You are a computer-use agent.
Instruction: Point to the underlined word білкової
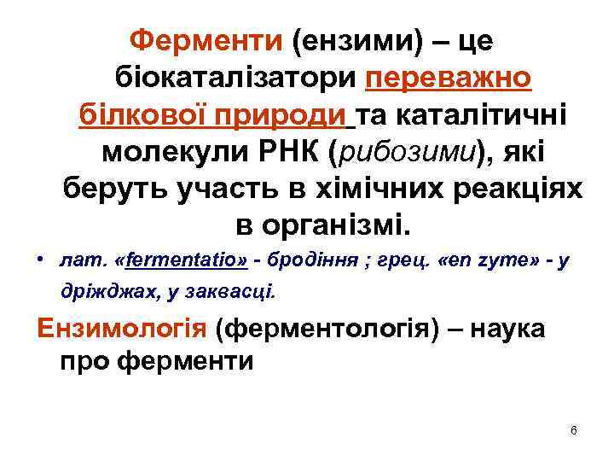[144, 114]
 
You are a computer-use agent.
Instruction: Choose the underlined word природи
[287, 114]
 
